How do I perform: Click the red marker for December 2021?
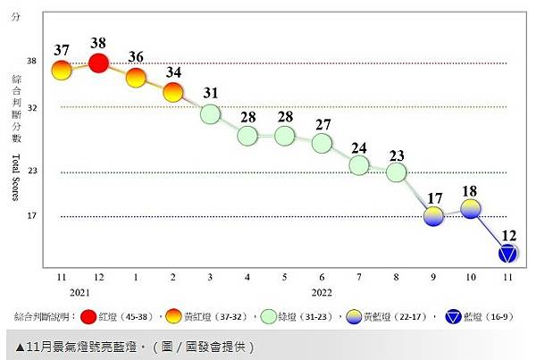(99, 63)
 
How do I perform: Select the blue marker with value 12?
(508, 254)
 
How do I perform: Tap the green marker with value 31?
(210, 113)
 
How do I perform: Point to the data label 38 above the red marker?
(99, 43)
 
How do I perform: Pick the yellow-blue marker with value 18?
(471, 208)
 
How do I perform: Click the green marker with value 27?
(322, 143)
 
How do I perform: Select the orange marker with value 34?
(173, 92)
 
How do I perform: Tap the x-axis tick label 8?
(396, 277)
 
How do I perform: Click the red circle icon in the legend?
(88, 316)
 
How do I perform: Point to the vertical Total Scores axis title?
(16, 178)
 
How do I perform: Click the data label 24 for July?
(359, 148)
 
